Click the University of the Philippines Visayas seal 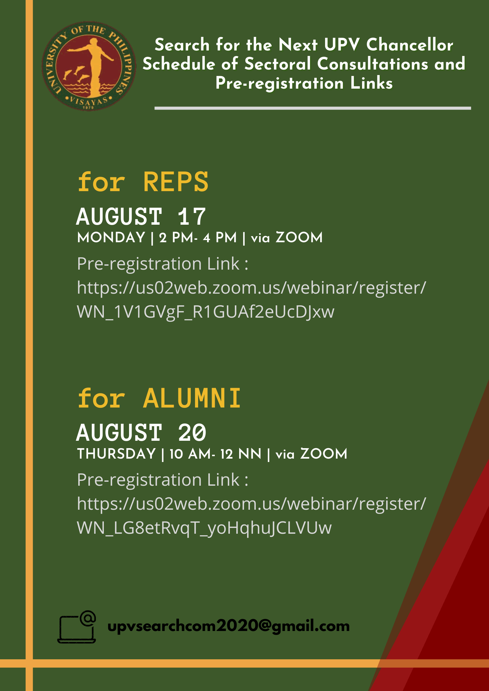89,66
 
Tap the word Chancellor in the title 410,45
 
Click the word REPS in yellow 176,182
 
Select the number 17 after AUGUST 192,217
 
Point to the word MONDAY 111,237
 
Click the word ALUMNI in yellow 192,398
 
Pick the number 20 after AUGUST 192,433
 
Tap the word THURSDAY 116,454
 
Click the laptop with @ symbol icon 77,627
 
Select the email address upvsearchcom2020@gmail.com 229,626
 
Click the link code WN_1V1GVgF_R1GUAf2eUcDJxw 206,312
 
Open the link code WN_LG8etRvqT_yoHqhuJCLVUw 204,528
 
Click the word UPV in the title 342,45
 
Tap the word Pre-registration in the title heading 279,83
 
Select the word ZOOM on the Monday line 299,237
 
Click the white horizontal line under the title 313,108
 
